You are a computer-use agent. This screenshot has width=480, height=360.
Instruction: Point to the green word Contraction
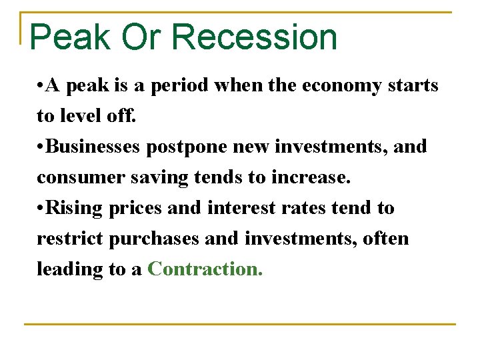tap(205, 269)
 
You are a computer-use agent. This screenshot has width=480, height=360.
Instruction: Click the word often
tap(386, 238)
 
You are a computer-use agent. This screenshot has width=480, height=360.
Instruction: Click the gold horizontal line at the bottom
tap(240, 325)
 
